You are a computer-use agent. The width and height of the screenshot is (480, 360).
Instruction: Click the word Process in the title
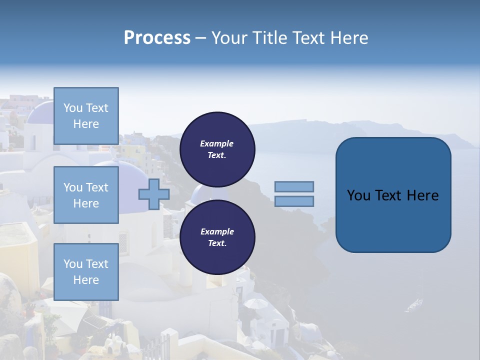coord(157,38)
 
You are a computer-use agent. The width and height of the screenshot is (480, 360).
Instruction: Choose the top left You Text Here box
coord(86,116)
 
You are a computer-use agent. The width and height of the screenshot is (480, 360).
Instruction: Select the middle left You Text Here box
coord(86,195)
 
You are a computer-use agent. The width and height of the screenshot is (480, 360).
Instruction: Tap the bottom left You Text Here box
coord(86,272)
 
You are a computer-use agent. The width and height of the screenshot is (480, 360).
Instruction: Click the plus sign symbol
coord(154,194)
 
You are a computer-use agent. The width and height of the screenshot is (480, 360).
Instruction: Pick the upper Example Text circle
coord(217,149)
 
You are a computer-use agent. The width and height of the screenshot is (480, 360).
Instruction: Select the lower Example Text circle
coord(217,237)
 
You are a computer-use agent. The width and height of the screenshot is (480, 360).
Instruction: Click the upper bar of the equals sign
coord(294,186)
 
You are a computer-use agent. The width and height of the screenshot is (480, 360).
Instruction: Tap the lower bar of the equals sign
coord(294,201)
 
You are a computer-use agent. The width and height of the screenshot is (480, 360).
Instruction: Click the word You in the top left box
coord(72,108)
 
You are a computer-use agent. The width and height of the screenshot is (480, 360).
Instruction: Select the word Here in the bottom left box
coord(86,280)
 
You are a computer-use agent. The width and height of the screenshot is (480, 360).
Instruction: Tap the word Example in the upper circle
coord(217,143)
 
